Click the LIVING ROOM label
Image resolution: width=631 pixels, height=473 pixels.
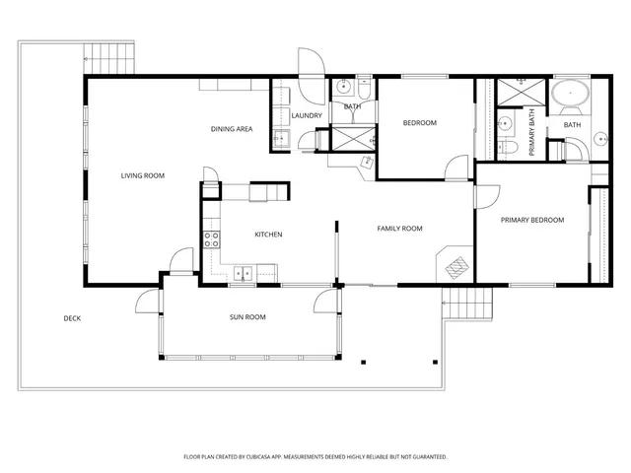142,175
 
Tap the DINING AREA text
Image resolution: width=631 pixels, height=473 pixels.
233,129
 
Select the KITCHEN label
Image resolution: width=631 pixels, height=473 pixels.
269,235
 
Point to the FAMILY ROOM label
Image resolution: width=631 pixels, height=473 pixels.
399,229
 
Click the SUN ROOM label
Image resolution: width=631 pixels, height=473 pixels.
247,317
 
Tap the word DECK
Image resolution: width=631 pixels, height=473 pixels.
72,317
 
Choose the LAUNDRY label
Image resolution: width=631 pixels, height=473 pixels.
307,116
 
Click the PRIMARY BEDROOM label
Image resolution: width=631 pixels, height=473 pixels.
531,220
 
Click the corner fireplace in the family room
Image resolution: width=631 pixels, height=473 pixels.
456,264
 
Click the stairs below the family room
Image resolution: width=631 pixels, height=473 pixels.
466,305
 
